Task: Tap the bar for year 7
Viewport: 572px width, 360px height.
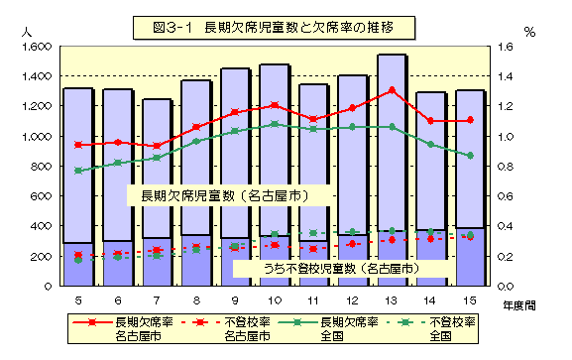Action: [x=156, y=188]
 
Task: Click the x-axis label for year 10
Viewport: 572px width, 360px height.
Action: [x=273, y=300]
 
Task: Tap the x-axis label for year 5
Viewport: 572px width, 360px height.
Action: [x=77, y=300]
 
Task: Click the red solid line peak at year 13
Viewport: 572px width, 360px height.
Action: [x=392, y=90]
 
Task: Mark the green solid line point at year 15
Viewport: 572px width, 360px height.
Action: [x=470, y=156]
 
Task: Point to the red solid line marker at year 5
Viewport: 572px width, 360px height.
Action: [x=77, y=145]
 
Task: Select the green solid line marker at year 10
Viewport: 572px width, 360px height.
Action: [x=274, y=124]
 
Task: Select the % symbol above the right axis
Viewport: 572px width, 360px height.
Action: [x=529, y=32]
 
